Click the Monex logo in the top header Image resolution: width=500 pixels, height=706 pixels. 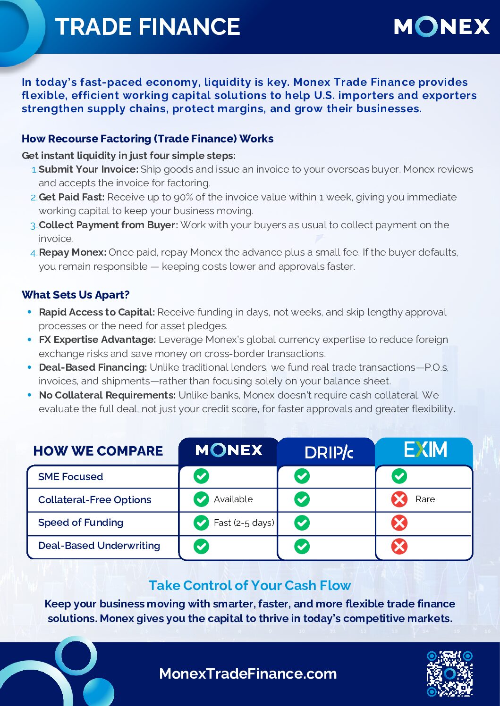(441, 26)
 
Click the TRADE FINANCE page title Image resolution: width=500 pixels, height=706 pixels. (147, 27)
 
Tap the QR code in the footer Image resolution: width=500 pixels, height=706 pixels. (449, 673)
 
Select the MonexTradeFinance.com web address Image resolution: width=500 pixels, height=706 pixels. (248, 673)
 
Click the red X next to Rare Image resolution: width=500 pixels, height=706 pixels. (399, 499)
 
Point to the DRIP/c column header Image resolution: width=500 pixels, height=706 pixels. (329, 452)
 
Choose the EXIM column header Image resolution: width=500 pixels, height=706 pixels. (425, 450)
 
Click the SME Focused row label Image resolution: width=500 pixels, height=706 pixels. (70, 476)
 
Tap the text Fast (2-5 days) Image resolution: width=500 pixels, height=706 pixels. (244, 523)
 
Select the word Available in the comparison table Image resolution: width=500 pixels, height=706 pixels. (233, 499)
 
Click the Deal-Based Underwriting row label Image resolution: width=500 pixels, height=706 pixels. (99, 545)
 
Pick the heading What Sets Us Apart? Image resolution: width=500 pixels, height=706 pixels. (76, 295)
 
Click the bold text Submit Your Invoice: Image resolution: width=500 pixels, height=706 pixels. (88, 169)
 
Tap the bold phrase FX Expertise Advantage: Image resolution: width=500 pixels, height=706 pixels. (97, 340)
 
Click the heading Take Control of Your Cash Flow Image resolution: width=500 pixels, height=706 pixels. (250, 585)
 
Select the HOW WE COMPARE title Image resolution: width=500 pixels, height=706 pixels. (98, 451)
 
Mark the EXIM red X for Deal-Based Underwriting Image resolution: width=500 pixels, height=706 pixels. (399, 546)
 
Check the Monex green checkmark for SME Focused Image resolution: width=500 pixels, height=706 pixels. (201, 476)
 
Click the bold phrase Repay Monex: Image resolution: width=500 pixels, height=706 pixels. (72, 252)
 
